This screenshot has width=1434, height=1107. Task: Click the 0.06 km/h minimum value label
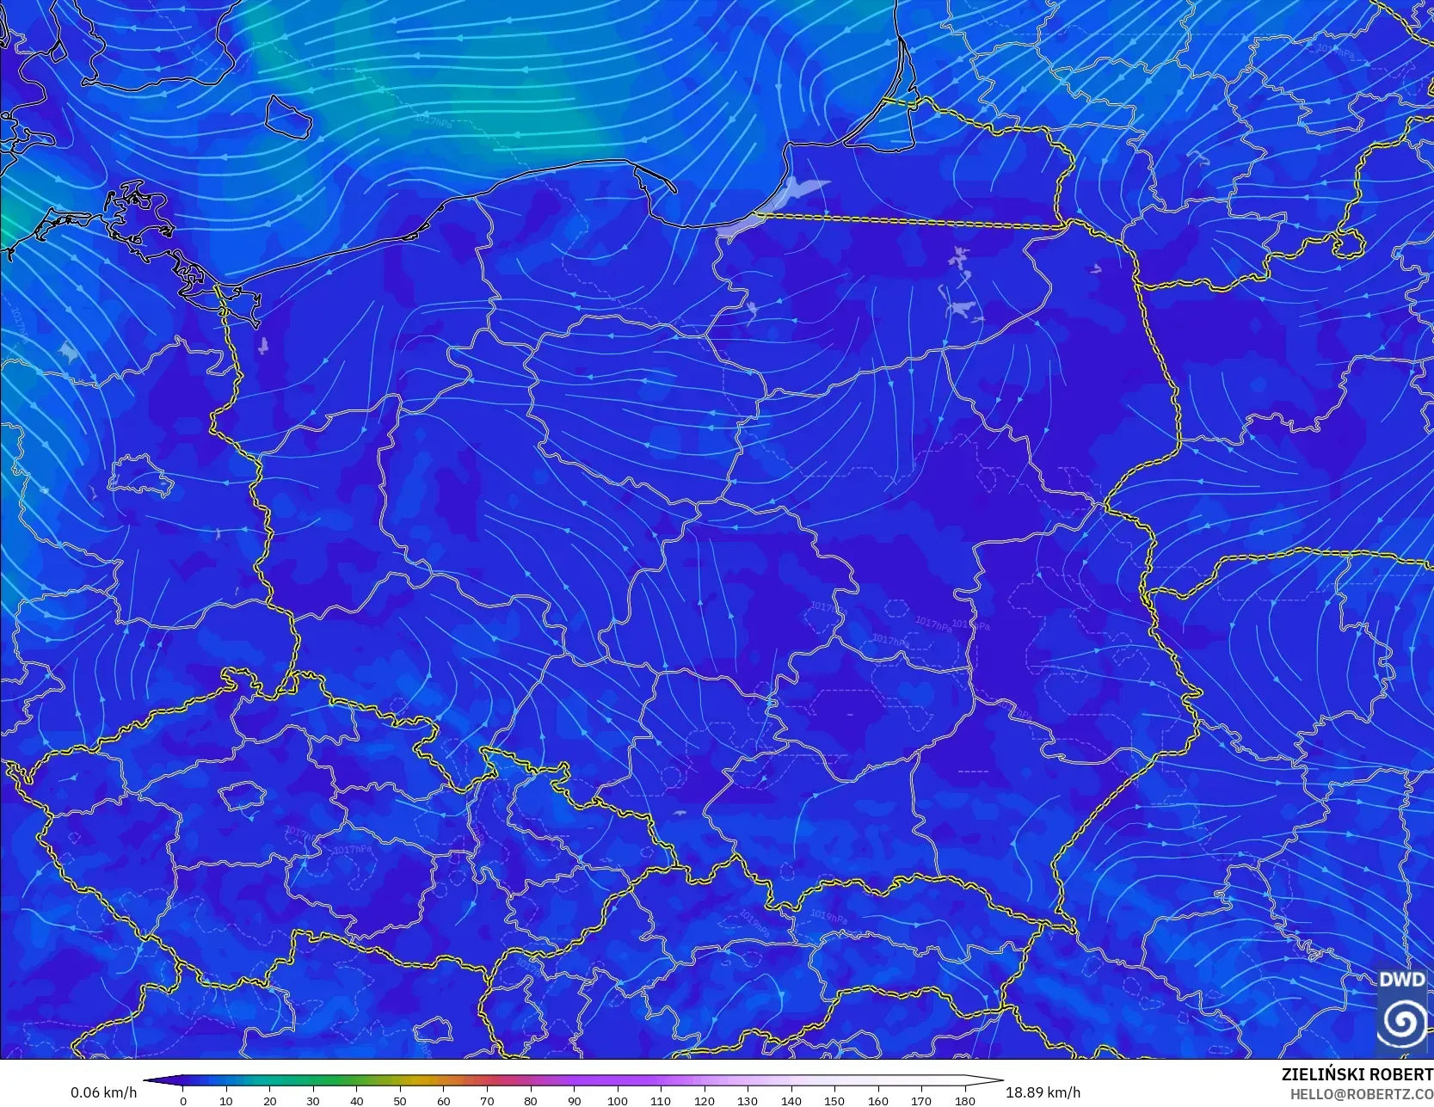103,1092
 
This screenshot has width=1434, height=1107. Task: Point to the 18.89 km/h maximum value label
1043,1092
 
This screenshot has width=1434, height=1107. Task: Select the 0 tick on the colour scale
183,1100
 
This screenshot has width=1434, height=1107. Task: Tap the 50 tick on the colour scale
400,1100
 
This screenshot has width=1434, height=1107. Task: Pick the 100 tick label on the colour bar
617,1100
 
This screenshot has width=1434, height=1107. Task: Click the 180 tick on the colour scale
964,1100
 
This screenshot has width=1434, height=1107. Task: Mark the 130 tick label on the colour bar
748,1100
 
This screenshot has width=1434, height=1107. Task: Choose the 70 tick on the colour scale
487,1100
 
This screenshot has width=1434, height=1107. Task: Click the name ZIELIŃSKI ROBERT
1357,1074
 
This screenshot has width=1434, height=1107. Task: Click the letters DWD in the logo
1401,979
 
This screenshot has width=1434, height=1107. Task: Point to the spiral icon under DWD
1401,1022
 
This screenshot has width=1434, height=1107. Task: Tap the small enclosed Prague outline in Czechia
242,796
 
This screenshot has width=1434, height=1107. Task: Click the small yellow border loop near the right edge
1349,243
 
